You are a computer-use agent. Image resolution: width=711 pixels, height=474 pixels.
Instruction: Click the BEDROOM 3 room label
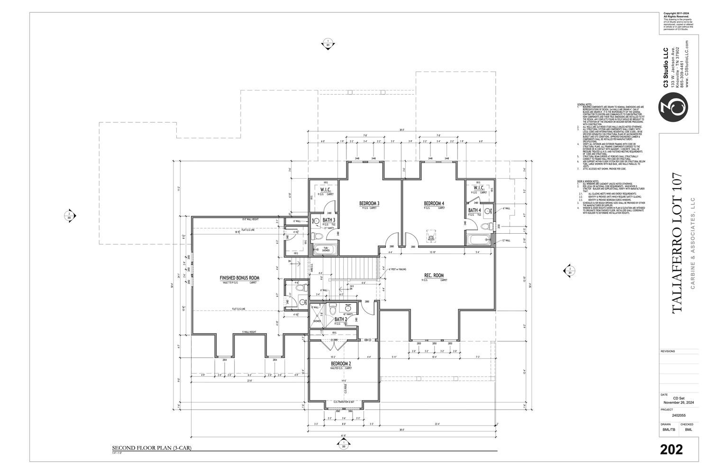tap(369, 204)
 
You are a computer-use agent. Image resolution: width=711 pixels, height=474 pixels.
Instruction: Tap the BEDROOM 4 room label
tap(434, 204)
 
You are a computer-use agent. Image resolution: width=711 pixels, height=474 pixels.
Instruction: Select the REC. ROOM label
tap(434, 275)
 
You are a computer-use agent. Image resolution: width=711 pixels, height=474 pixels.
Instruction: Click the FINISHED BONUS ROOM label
tap(239, 278)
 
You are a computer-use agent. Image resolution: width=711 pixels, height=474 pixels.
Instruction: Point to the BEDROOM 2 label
tap(341, 364)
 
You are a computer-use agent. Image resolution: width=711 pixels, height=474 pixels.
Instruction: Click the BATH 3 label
tap(329, 220)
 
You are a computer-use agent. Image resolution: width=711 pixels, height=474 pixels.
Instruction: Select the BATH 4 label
tap(474, 210)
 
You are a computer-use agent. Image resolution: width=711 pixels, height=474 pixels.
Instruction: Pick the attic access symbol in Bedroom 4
tap(431, 236)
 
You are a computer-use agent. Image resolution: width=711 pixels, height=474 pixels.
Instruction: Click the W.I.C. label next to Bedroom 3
tap(325, 190)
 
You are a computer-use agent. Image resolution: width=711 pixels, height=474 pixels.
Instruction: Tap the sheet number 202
tap(671, 449)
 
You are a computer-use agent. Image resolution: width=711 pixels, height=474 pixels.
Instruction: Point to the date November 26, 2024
tap(678, 402)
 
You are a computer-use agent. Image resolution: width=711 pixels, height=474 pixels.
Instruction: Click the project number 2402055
tap(678, 415)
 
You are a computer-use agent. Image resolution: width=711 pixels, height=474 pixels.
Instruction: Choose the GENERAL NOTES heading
tap(585, 104)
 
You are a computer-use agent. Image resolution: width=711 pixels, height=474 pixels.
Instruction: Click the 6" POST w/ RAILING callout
tap(397, 269)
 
